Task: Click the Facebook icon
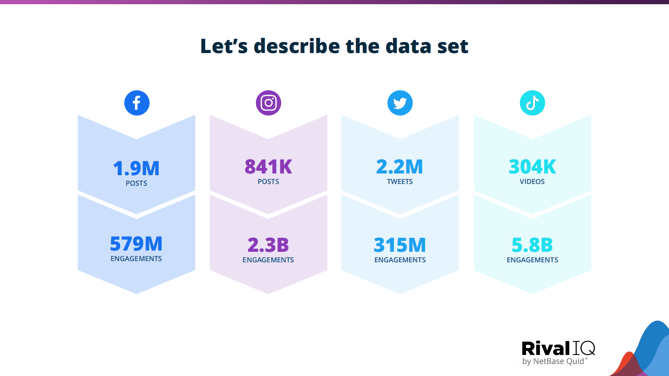coord(137,103)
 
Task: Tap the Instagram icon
coord(269,103)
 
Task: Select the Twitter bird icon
coord(400,103)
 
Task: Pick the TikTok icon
coord(532,103)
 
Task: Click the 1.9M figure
coord(136,168)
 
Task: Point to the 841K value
coord(269,167)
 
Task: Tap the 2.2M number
coord(400,167)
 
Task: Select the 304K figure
coord(532,167)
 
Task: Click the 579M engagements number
coord(136,244)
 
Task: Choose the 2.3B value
coord(268,245)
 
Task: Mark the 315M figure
coord(400,245)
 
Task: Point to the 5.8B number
coord(532,245)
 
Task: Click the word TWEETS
coord(400,182)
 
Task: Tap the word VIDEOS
coord(532,182)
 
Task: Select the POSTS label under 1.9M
coord(136,184)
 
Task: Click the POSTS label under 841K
coord(269,182)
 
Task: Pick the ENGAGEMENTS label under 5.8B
coord(532,260)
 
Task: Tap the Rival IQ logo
coord(558,349)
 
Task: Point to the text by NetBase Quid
coord(553,361)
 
